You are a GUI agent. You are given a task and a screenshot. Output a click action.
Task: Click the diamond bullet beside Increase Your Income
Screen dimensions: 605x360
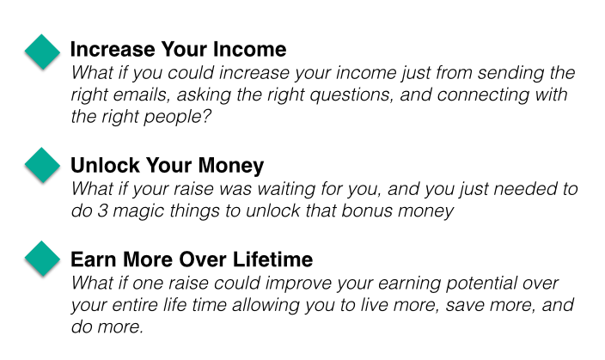[x=42, y=52]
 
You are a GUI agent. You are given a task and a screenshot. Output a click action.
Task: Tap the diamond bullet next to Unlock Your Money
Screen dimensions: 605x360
[x=42, y=165]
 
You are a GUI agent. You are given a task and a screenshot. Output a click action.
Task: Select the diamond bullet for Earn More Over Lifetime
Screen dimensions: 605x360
[x=42, y=259]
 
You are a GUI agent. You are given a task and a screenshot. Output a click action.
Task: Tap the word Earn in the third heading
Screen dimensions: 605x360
[x=95, y=259]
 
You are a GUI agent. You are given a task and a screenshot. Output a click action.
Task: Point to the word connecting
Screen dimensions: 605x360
[x=482, y=95]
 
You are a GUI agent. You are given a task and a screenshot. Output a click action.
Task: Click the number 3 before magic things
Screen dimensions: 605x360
[x=102, y=211]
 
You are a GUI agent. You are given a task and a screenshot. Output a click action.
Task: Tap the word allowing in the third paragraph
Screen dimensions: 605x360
[x=266, y=306]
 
